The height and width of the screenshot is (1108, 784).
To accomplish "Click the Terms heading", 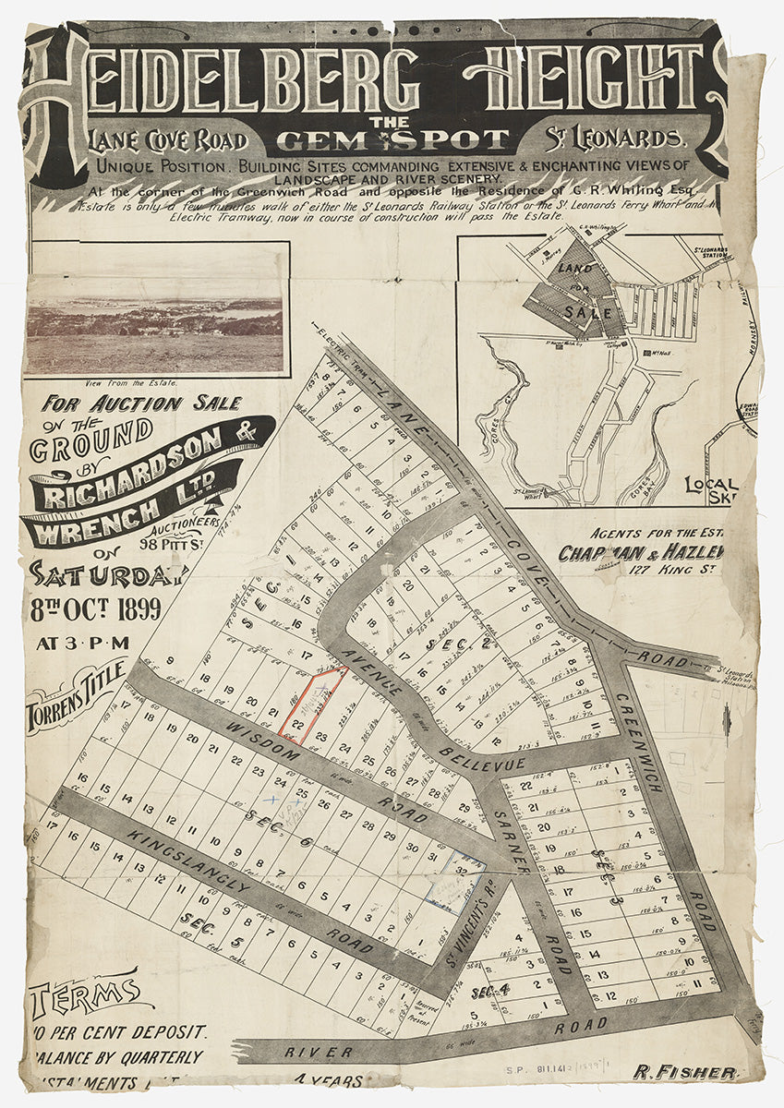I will click(x=83, y=995).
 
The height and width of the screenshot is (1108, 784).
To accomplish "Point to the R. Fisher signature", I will click(x=684, y=1073).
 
